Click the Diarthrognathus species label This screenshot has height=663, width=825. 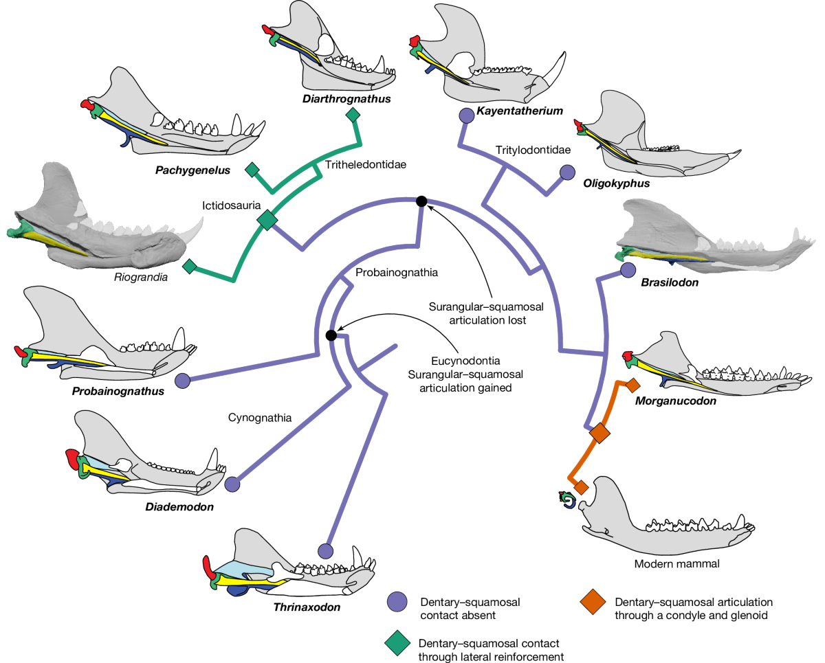346,99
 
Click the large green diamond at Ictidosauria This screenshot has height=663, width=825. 267,220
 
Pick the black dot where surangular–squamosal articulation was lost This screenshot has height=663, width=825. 421,201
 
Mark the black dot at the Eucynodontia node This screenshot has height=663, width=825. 331,335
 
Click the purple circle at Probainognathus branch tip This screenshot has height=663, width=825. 182,380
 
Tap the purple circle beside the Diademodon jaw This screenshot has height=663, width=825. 233,484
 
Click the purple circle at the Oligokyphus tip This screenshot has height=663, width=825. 568,172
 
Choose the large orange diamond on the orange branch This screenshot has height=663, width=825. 599,434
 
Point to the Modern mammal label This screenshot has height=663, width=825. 664,564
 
